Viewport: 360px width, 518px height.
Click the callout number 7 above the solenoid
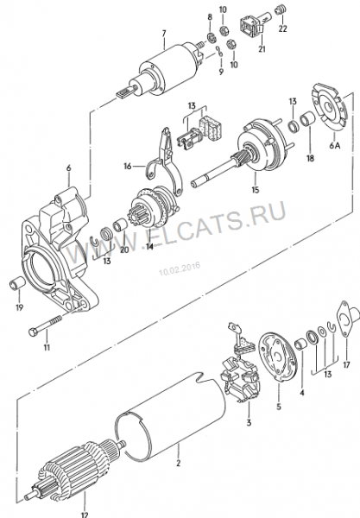164,34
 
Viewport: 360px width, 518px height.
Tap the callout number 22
282,28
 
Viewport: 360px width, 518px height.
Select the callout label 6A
335,145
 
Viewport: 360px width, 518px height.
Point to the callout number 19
20,307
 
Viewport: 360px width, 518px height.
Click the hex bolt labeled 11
46,325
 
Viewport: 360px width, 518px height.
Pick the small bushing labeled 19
16,283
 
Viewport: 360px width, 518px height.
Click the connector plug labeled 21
254,25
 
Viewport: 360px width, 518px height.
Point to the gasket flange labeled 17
347,319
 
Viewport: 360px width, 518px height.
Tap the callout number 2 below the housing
179,463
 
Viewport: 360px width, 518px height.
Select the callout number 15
255,190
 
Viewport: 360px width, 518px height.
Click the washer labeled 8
212,37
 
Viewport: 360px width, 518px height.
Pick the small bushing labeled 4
301,344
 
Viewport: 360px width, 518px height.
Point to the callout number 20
124,250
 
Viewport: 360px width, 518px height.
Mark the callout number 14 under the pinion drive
149,246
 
